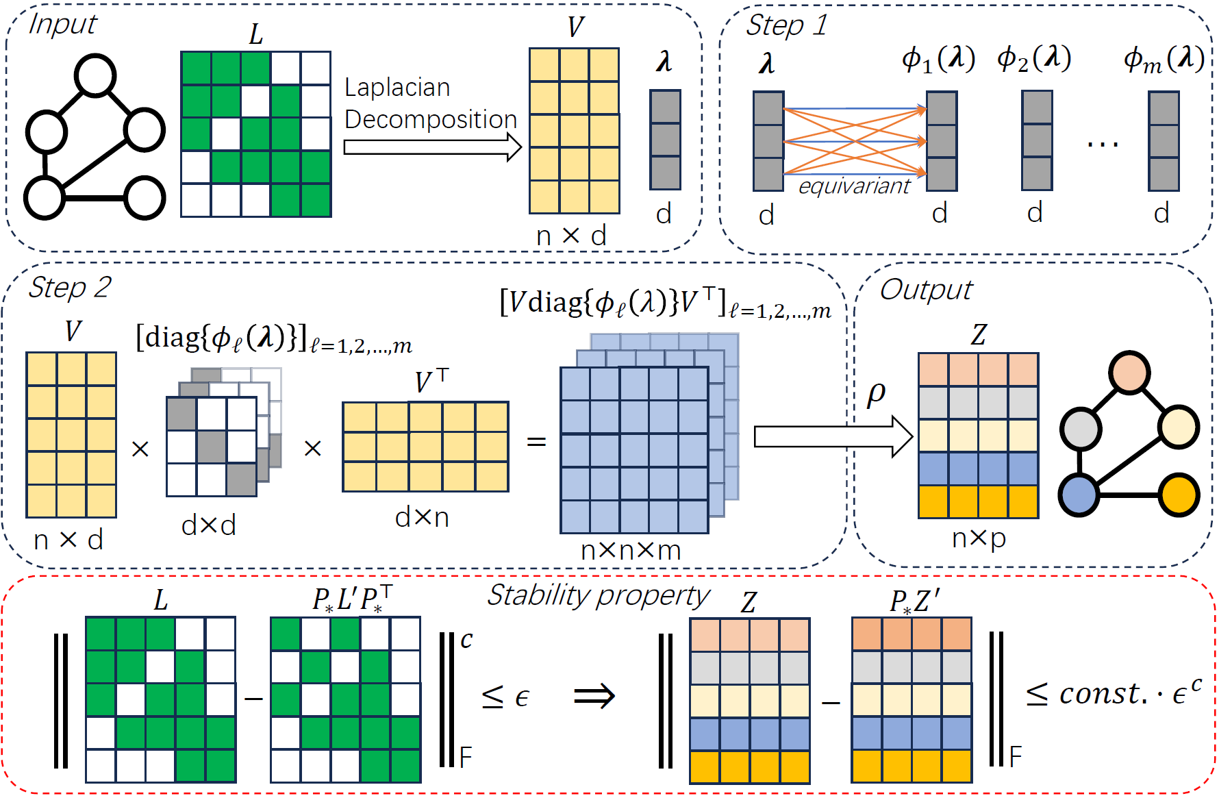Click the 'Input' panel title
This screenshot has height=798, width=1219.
(x=63, y=25)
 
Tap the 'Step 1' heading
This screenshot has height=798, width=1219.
(x=786, y=26)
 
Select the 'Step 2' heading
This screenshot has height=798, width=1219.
(x=69, y=288)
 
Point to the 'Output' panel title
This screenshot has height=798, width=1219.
(x=926, y=290)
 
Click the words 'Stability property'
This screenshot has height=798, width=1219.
(x=599, y=596)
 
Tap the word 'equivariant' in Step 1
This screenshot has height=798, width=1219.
(x=854, y=186)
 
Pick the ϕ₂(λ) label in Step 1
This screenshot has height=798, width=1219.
(x=1034, y=59)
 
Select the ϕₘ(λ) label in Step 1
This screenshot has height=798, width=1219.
(x=1164, y=60)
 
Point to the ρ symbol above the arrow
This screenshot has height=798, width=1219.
(x=876, y=395)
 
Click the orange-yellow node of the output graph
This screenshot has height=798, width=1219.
(x=1179, y=495)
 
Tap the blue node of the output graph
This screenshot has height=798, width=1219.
(x=1079, y=495)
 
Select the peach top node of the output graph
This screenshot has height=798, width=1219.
(x=1129, y=372)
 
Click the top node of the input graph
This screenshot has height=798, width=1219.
(x=95, y=75)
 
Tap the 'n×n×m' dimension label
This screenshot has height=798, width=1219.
(x=631, y=551)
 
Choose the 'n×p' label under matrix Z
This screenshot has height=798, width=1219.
(x=979, y=538)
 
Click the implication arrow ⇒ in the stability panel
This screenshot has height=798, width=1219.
(x=594, y=697)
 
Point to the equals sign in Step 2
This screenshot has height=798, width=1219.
(x=536, y=442)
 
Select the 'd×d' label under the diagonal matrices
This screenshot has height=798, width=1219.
(x=209, y=525)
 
